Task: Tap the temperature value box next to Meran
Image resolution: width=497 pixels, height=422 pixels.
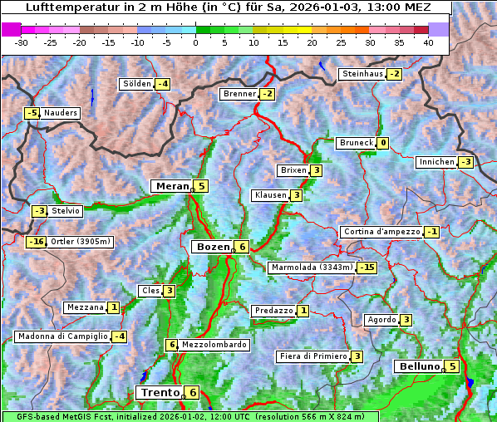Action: click(x=201, y=186)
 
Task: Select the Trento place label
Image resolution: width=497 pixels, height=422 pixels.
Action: click(x=160, y=392)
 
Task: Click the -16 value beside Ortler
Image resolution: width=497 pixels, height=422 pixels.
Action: click(x=36, y=242)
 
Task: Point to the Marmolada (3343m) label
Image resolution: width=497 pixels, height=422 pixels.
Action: click(x=312, y=267)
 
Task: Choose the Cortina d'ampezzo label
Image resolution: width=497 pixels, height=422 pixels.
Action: click(x=381, y=232)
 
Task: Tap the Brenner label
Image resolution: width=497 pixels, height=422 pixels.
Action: click(x=239, y=94)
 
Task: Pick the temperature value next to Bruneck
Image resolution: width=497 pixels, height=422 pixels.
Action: click(x=382, y=143)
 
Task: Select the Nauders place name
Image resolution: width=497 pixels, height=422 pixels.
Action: click(x=61, y=113)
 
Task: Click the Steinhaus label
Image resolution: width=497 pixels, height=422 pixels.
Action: click(x=362, y=74)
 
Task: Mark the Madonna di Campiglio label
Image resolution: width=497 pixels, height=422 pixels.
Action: click(x=62, y=336)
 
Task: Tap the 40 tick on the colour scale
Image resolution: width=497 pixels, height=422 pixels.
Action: click(x=428, y=42)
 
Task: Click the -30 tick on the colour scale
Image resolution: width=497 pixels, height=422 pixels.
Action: click(x=22, y=42)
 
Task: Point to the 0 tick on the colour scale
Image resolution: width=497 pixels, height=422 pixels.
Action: click(x=195, y=42)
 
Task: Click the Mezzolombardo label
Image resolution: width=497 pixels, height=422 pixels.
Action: click(x=214, y=345)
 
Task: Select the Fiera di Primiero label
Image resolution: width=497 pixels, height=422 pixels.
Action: click(x=312, y=356)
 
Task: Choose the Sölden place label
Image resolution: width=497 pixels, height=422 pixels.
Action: click(x=137, y=84)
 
